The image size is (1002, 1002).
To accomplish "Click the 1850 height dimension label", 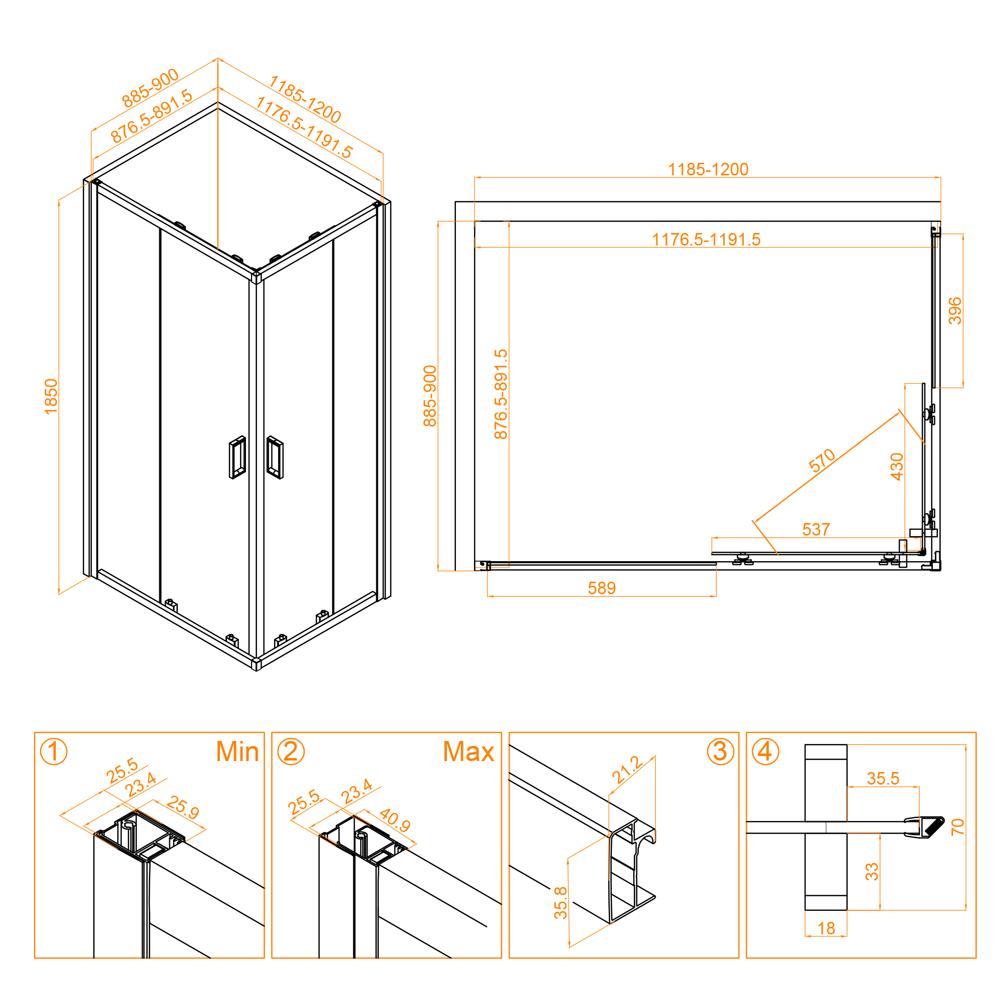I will tap(51, 397).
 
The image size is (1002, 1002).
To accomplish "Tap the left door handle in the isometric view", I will tap(237, 457).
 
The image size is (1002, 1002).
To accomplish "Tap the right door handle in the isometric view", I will tap(275, 457).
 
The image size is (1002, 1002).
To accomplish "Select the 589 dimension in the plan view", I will tap(602, 588).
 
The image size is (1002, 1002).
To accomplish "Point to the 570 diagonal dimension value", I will tap(822, 460).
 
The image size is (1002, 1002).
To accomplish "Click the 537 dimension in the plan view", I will tap(816, 530).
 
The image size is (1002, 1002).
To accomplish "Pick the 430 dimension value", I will tap(897, 467).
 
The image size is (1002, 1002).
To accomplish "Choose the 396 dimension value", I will tap(955, 311).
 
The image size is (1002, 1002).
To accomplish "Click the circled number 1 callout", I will tap(54, 752).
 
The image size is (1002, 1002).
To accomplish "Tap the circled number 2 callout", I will tap(291, 752).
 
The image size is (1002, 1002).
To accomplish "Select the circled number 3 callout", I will tap(720, 752).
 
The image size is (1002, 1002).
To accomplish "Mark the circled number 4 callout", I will tap(766, 752).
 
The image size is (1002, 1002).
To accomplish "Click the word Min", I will tap(237, 751).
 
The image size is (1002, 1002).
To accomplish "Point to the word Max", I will tap(468, 751).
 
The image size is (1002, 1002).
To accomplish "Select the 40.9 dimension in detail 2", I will tap(395, 820).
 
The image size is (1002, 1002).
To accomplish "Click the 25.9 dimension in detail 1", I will tap(183, 808).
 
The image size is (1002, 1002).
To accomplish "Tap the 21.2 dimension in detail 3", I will tap(627, 770).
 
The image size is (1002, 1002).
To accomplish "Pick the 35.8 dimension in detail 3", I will tap(561, 903).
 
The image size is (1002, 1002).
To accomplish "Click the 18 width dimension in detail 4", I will tap(826, 928).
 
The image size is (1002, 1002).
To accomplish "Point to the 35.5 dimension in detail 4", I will tap(883, 779).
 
